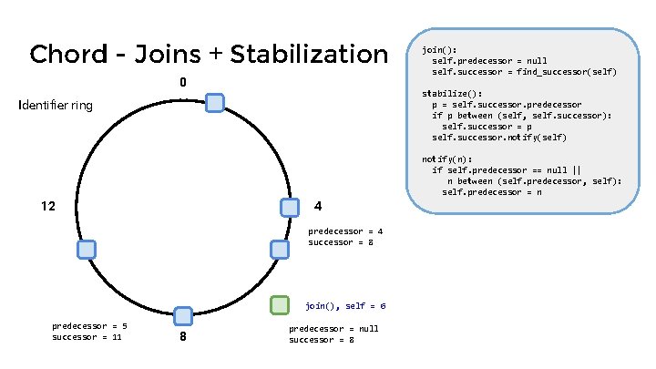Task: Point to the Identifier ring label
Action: click(x=56, y=106)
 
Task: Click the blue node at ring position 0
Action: click(x=214, y=103)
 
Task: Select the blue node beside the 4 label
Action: click(x=290, y=207)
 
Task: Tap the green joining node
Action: click(x=280, y=305)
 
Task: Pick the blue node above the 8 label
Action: click(x=183, y=316)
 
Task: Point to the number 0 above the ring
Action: click(x=183, y=84)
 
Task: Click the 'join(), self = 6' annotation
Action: click(x=345, y=306)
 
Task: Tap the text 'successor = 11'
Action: click(x=87, y=337)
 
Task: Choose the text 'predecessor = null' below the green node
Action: click(x=333, y=329)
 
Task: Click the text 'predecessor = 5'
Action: click(x=89, y=326)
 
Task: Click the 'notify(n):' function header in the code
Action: click(x=447, y=159)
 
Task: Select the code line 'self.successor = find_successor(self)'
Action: click(x=524, y=72)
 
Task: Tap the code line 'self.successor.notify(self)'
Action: click(x=498, y=138)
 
